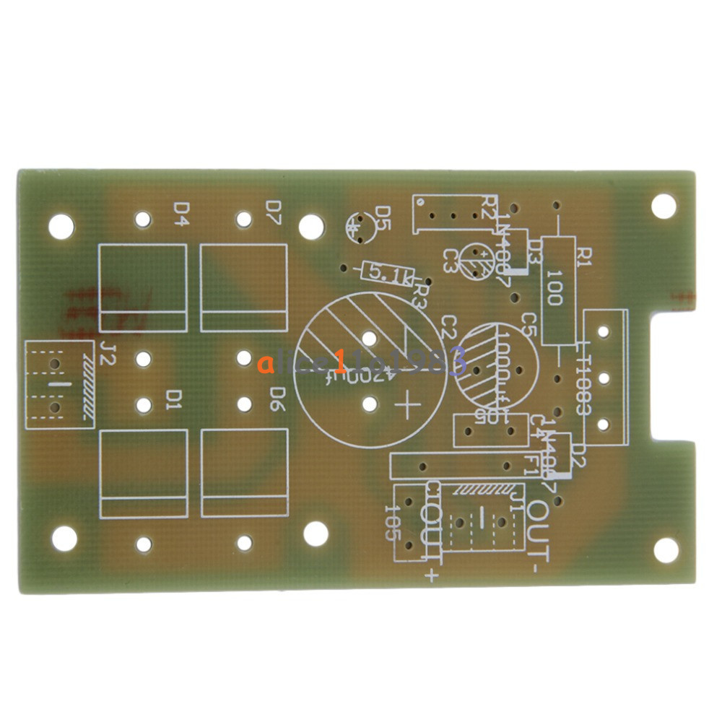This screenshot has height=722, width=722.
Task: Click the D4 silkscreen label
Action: [x=182, y=209]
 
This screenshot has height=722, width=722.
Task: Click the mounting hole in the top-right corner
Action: [x=663, y=206]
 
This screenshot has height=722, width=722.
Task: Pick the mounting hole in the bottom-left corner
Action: [x=64, y=538]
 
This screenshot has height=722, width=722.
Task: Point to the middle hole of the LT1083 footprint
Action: [x=604, y=378]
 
